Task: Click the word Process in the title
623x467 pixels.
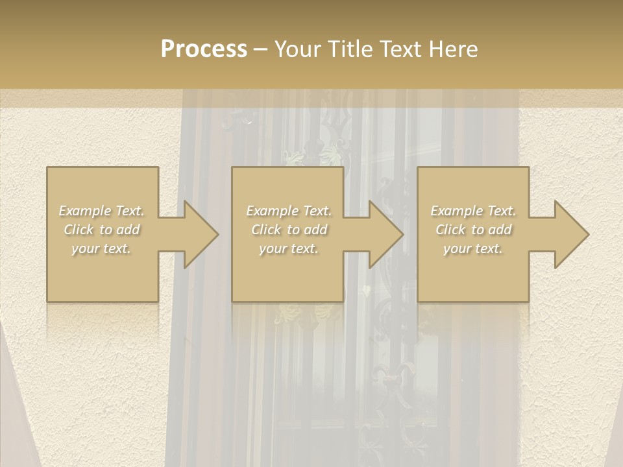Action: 204,49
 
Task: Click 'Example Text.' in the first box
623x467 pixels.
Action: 102,211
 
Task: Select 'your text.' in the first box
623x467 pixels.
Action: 102,248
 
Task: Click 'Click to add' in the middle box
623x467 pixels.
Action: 289,230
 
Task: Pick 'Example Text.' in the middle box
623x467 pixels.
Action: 289,211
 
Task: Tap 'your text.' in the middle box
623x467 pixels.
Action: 289,248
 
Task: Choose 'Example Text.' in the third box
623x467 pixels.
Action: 473,211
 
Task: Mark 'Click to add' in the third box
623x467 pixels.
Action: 473,230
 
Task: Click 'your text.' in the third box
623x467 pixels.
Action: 473,248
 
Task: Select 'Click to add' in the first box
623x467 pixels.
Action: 102,230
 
